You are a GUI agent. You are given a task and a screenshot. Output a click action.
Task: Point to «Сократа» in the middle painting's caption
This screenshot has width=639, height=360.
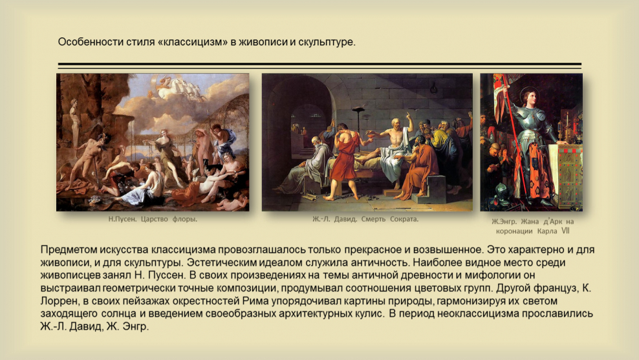pyautogui.click(x=402, y=219)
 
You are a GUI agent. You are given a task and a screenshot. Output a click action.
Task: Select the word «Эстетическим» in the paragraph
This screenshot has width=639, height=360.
pyautogui.click(x=223, y=262)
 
